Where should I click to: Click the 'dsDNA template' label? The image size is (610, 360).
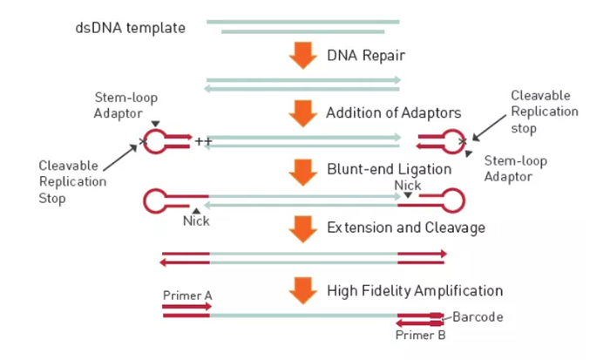click(131, 28)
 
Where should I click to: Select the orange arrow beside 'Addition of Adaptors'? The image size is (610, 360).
click(303, 113)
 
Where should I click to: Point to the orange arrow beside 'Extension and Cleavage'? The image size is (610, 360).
click(303, 228)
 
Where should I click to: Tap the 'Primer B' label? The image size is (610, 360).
click(421, 334)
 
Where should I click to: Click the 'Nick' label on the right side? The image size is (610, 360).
click(407, 186)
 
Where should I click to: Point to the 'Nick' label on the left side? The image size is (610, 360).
click(197, 221)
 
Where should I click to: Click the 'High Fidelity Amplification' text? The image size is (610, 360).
click(414, 290)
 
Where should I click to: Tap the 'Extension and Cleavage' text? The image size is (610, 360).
click(405, 228)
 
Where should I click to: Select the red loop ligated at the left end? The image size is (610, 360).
click(156, 201)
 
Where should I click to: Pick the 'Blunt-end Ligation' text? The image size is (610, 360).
click(389, 170)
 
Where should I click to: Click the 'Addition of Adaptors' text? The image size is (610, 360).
click(392, 113)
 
